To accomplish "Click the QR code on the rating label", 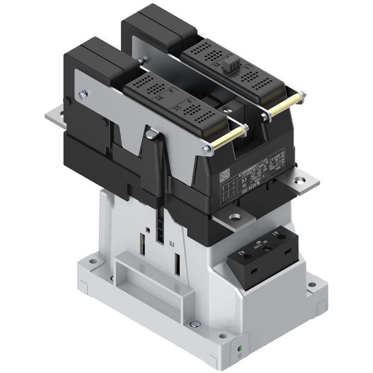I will pos(224,174).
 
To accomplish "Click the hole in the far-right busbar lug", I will pos(300,181).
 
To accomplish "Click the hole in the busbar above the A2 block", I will pos(235,217).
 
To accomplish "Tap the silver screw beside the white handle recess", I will pos(195,324).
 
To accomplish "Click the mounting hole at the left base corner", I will pos(93,261).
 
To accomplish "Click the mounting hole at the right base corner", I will pos(311,285).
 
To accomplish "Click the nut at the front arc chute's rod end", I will pos(207,151).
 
